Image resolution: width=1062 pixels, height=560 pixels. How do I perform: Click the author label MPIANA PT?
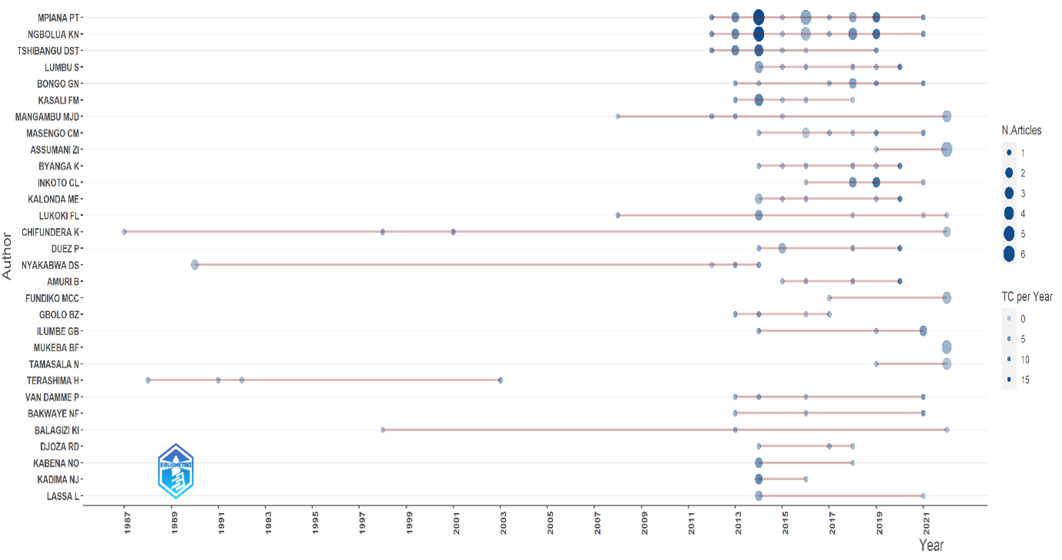point(59,18)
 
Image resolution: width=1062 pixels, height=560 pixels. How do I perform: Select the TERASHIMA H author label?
point(52,381)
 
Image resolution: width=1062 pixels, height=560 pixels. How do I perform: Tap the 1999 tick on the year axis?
point(410,523)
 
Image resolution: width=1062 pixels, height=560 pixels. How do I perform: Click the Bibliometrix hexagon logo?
point(176,471)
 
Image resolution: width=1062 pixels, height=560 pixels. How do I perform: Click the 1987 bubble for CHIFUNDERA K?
point(124,232)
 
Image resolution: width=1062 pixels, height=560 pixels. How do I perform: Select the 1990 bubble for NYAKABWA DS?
point(195,264)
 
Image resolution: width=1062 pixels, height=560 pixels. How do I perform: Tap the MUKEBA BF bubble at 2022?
point(946,347)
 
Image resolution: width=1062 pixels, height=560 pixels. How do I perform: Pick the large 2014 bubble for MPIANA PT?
point(759,18)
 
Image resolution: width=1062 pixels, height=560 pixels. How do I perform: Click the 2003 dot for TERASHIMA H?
point(500,381)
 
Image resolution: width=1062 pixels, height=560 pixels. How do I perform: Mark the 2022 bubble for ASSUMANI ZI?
point(946,149)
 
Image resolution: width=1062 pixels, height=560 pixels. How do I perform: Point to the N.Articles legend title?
point(1022,130)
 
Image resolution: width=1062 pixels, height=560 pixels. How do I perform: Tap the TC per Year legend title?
point(1027,297)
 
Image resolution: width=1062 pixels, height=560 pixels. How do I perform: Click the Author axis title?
point(7,256)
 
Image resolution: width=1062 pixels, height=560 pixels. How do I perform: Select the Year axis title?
point(931,545)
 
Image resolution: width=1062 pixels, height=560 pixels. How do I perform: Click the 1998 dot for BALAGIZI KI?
point(383,430)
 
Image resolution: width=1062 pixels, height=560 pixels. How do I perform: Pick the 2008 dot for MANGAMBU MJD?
point(618,116)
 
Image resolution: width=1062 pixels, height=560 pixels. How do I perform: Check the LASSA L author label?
point(62,497)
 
